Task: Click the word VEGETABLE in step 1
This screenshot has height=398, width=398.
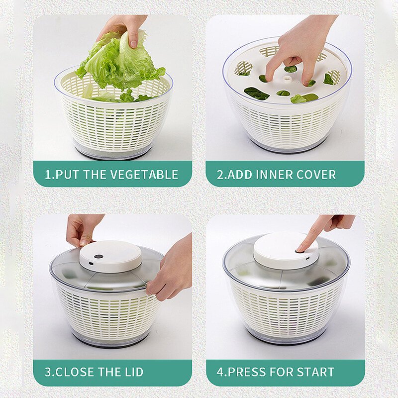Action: pos(144,175)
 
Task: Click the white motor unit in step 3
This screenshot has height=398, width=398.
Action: pos(110,256)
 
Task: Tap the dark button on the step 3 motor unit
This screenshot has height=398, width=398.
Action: pos(99,256)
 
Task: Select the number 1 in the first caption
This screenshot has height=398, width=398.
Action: pos(47,175)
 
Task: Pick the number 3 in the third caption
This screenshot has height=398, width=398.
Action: pos(48,372)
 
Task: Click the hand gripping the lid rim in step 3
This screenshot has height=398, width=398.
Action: pos(171,269)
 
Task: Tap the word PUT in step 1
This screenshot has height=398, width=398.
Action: pos(68,175)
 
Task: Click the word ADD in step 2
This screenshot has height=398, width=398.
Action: pos(239,175)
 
